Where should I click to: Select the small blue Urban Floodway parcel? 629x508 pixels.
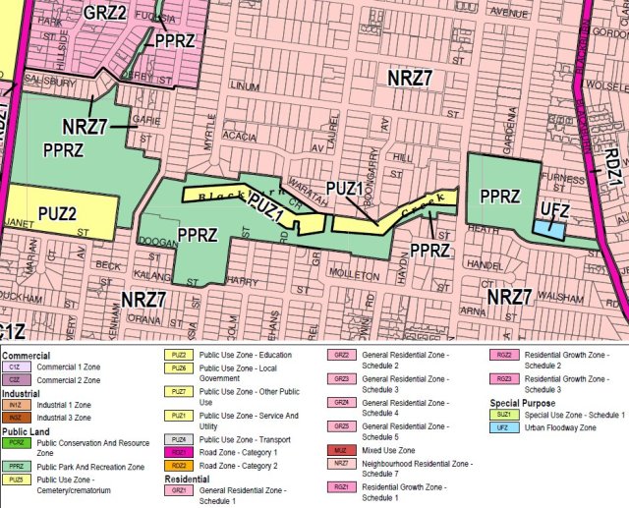[x=549, y=229]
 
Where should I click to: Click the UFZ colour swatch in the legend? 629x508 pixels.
[x=504, y=428]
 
